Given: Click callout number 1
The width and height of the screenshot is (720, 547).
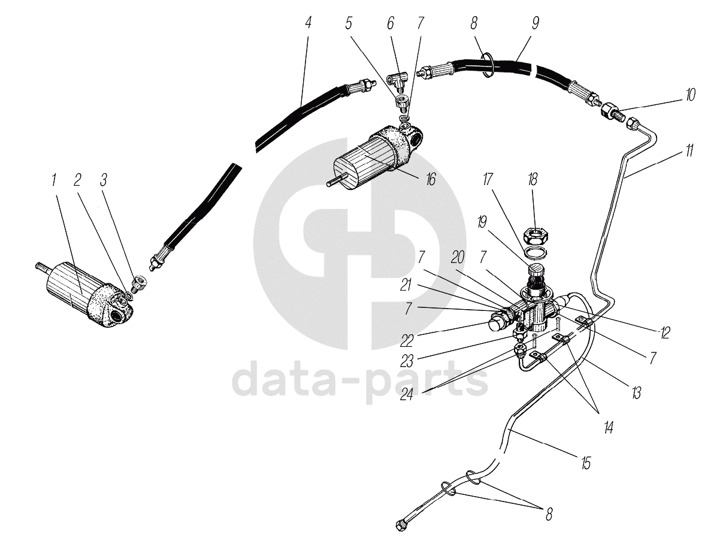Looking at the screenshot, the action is click(x=54, y=180).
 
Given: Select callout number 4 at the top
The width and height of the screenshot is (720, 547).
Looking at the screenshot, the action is click(x=307, y=23).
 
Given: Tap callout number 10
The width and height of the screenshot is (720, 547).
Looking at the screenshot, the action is click(x=690, y=95).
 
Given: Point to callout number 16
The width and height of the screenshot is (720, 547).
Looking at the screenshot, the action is click(x=430, y=179).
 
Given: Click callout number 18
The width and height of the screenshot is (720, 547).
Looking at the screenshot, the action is click(x=533, y=179).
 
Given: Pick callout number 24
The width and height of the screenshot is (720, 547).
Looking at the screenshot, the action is click(x=407, y=394).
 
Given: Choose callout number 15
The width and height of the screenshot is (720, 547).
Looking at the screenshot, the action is click(x=585, y=463).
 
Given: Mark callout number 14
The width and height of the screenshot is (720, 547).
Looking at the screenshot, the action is click(x=609, y=427).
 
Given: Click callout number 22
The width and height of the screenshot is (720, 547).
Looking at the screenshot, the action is click(x=407, y=341).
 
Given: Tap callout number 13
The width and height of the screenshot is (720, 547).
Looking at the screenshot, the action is click(x=636, y=392).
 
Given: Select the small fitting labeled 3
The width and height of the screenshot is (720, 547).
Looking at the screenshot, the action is click(x=139, y=283).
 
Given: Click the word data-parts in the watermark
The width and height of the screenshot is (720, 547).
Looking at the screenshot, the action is click(x=359, y=382).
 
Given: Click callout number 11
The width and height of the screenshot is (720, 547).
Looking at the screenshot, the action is click(x=689, y=151).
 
